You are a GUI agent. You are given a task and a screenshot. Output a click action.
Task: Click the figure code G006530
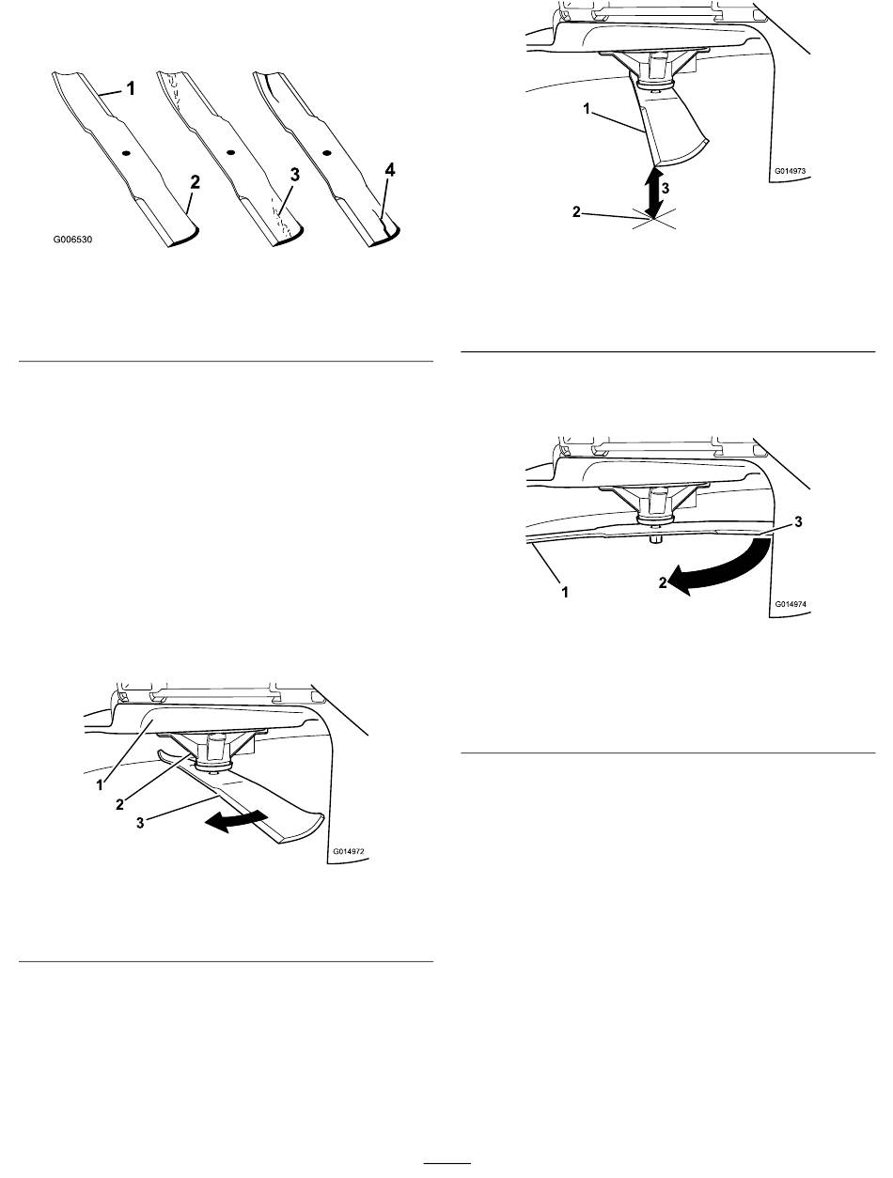pos(72,240)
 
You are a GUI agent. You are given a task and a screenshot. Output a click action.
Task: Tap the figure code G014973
pos(790,171)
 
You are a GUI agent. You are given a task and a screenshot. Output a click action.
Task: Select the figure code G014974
pos(790,604)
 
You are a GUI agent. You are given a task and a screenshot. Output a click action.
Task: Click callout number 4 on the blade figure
pos(390,170)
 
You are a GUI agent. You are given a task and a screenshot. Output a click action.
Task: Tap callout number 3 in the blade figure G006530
pos(294,174)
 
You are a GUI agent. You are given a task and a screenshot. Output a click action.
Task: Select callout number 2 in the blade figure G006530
pos(195,182)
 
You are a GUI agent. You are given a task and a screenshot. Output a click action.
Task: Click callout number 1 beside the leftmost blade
pos(131,88)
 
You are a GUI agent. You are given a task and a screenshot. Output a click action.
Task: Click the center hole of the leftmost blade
pos(126,153)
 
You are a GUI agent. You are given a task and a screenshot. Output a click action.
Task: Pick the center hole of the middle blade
pos(231,152)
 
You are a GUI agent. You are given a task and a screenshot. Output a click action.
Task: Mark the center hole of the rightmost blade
pos(325,152)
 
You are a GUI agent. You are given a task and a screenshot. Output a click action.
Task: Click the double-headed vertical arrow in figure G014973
pos(653,194)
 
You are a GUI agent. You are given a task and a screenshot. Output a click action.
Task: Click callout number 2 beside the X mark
pos(576,212)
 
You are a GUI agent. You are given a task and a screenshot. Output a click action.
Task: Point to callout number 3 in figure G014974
pos(798,521)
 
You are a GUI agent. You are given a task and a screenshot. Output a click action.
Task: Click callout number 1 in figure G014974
pos(564,592)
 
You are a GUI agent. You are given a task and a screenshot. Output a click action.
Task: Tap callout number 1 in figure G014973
pos(587,109)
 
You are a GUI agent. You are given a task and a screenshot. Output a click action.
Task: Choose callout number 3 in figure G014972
pos(140,823)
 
